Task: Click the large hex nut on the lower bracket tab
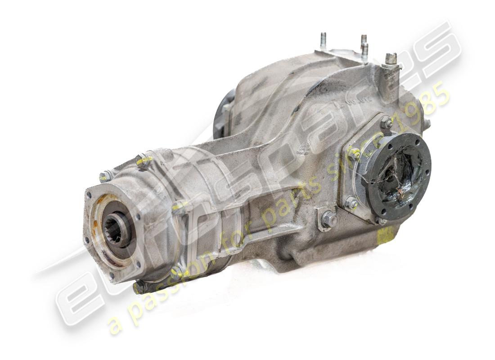(x=329, y=220)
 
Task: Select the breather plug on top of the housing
(x=391, y=59)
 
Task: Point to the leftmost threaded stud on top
(x=323, y=40)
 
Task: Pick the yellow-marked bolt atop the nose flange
(x=143, y=160)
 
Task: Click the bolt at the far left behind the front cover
(x=106, y=176)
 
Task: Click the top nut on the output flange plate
(x=387, y=122)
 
